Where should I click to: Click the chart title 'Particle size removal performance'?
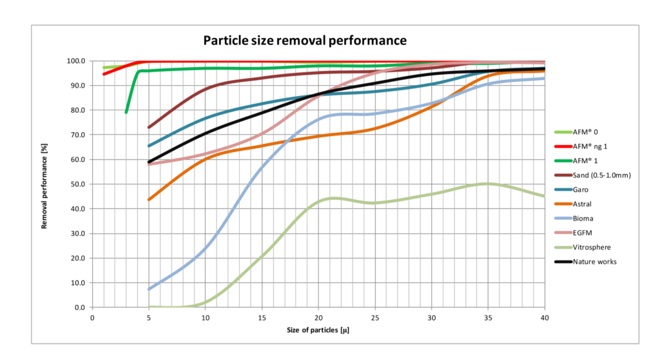coord(305,40)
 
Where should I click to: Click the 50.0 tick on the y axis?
coord(77,184)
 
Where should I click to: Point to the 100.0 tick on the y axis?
coord(75,61)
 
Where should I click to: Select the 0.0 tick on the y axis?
coord(79,308)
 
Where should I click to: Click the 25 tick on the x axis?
coord(375,318)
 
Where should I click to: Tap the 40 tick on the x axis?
coord(545,318)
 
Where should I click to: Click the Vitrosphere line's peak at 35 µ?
coord(488,184)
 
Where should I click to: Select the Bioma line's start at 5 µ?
coord(149,289)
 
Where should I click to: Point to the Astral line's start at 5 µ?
coord(149,200)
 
